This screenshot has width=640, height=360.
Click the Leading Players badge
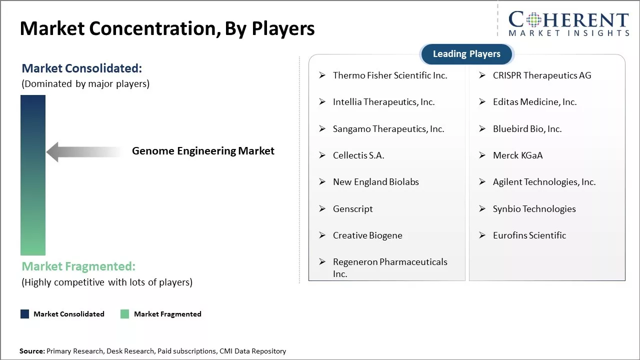pyautogui.click(x=467, y=54)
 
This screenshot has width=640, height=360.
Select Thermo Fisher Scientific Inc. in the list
pyautogui.click(x=390, y=75)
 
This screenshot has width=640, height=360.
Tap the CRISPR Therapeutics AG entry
pyautogui.click(x=542, y=75)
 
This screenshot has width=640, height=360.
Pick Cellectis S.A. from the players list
pyautogui.click(x=358, y=155)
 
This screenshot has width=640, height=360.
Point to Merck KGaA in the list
pyautogui.click(x=517, y=155)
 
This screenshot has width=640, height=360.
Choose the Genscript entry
pyautogui.click(x=353, y=209)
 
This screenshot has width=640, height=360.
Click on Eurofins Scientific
pyautogui.click(x=529, y=235)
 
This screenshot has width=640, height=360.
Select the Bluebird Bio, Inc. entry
pyautogui.click(x=527, y=129)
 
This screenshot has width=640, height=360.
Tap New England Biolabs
pyautogui.click(x=376, y=182)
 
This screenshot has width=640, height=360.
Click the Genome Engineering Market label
pyautogui.click(x=203, y=151)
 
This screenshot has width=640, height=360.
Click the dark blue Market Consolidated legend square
pyautogui.click(x=25, y=314)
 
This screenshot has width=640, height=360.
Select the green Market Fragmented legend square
pyautogui.click(x=124, y=314)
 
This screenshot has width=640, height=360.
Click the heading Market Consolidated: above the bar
pyautogui.click(x=82, y=68)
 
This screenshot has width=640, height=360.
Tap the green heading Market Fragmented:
pyautogui.click(x=78, y=266)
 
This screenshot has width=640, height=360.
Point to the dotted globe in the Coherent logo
pyautogui.click(x=533, y=20)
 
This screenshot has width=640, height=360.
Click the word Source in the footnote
pyautogui.click(x=31, y=351)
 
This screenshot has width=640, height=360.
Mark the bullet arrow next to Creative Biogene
pyautogui.click(x=322, y=235)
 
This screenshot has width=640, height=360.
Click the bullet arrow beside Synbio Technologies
pyautogui.click(x=482, y=208)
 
